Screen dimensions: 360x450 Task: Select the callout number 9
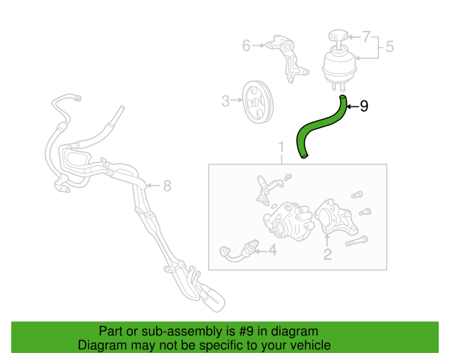pyautogui.click(x=364, y=106)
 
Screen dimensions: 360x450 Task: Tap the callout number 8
pyautogui.click(x=167, y=186)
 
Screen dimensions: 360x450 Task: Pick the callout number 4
pyautogui.click(x=273, y=248)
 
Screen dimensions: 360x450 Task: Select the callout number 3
pyautogui.click(x=226, y=101)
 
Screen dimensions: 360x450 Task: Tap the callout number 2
pyautogui.click(x=327, y=255)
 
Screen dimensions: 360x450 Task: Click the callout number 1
pyautogui.click(x=281, y=148)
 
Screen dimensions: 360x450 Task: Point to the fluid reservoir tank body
pyautogui.click(x=339, y=67)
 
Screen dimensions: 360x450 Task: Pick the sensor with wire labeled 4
pyautogui.click(x=238, y=250)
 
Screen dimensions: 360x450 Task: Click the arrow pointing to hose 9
pyautogui.click(x=352, y=106)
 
